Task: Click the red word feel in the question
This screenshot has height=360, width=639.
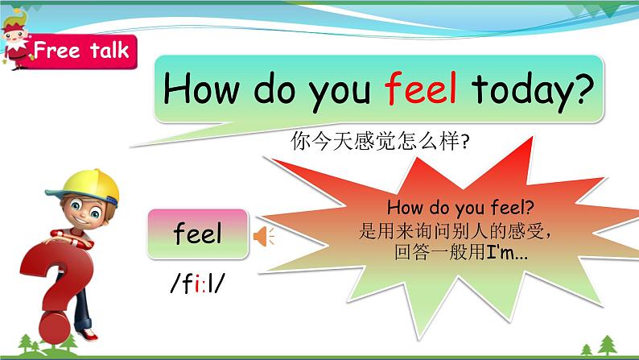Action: [420, 88]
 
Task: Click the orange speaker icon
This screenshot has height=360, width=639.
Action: [264, 237]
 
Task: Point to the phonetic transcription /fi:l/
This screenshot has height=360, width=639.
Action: [198, 283]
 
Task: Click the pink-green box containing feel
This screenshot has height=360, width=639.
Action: [198, 234]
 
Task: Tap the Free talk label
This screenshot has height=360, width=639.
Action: [80, 51]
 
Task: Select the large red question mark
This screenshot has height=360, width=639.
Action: [57, 285]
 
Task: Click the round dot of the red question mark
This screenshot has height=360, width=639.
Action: [55, 328]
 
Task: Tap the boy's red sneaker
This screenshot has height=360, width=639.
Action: [87, 334]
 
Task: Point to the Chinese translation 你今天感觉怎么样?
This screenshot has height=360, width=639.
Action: [380, 141]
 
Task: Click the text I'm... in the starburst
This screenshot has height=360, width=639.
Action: [507, 252]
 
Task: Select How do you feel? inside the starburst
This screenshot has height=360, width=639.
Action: [460, 207]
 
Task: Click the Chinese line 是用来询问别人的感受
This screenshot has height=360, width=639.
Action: [454, 231]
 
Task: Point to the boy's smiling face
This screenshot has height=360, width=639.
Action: [86, 210]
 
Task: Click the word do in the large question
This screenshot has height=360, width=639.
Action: [274, 88]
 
